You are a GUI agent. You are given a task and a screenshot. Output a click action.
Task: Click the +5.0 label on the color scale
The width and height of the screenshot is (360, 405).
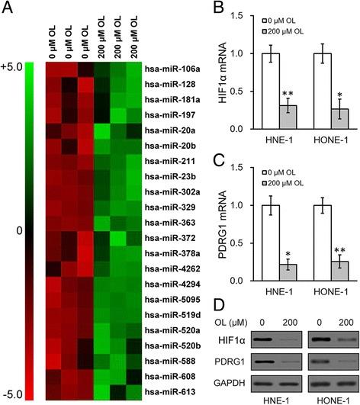click(x=13, y=66)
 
